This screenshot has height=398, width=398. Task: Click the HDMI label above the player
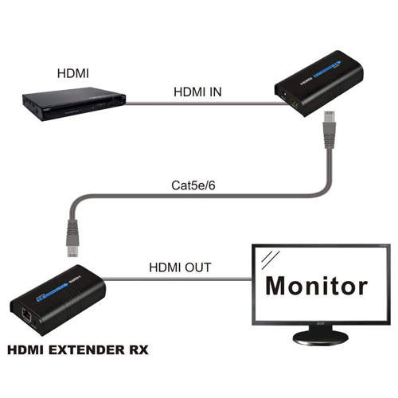[x=73, y=73]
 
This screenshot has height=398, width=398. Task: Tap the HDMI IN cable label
[x=197, y=92]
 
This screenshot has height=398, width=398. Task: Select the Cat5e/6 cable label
[x=193, y=185]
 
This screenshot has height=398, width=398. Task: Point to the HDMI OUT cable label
[x=180, y=267]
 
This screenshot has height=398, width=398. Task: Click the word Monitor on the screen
[x=317, y=286]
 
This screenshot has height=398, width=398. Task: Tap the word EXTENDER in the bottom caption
[x=86, y=350]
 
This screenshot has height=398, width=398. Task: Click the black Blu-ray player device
[x=74, y=104]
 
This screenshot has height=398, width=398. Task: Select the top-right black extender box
[x=318, y=84]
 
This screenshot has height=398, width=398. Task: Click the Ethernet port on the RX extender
[x=26, y=315]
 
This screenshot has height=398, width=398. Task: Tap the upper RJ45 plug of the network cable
[x=329, y=130]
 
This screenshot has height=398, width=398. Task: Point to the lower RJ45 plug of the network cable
[x=72, y=238]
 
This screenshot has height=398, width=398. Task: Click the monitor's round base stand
[x=320, y=338]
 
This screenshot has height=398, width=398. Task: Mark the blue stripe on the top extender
[x=327, y=70]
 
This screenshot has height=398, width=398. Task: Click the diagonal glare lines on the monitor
[x=270, y=260]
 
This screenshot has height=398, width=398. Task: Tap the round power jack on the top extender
[x=285, y=95]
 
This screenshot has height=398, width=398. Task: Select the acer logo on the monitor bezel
[x=320, y=324]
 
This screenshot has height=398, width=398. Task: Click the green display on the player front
[x=101, y=105]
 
